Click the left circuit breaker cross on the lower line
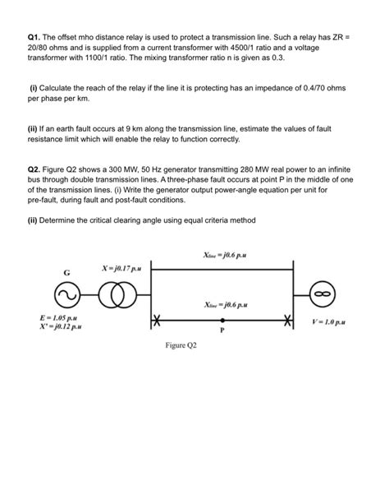pyautogui.click(x=156, y=319)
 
